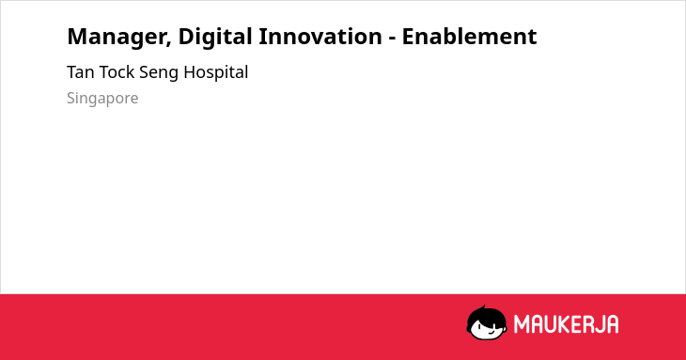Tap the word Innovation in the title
point(320,36)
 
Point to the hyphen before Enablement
point(392,39)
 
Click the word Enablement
point(469,36)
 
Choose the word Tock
point(117,72)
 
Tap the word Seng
point(159,73)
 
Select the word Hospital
point(216,72)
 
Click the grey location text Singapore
point(102,99)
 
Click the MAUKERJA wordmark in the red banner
point(566,324)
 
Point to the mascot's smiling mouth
point(491,332)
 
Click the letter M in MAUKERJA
point(521,324)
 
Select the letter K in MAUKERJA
point(565,324)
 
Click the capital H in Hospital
point(190,72)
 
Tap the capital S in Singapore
point(71,98)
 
